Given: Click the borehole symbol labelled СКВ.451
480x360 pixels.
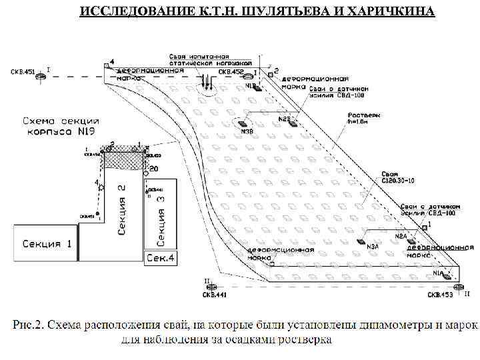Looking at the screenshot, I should [x=40, y=77].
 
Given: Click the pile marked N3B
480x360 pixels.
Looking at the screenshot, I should [x=243, y=124].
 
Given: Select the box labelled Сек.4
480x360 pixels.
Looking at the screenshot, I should [x=161, y=257].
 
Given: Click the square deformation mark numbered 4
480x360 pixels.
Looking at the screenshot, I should [x=106, y=65].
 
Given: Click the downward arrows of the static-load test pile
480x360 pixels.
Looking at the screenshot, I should [x=207, y=83].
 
